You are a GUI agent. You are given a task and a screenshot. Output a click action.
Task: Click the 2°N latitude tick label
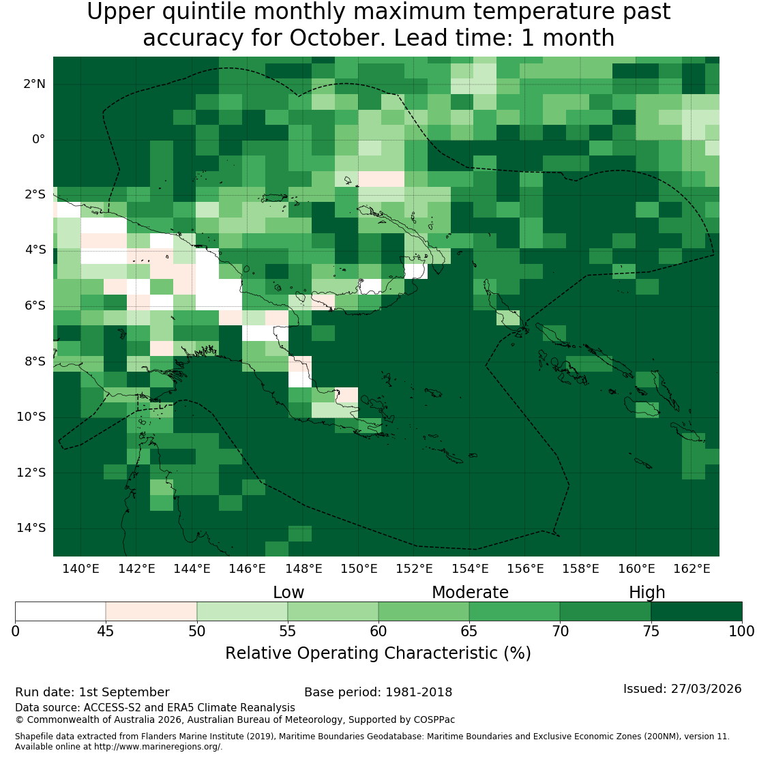point(34,84)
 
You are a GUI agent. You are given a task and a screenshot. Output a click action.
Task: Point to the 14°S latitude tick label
point(31,528)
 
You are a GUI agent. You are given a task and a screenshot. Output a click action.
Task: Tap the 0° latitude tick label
point(39,140)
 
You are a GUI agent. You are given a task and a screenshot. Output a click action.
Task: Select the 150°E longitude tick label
point(359,569)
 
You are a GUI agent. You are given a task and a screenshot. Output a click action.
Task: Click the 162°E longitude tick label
point(692,569)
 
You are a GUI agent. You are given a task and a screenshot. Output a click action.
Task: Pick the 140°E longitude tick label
point(80,569)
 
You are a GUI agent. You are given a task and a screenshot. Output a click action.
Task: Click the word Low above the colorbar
point(288,593)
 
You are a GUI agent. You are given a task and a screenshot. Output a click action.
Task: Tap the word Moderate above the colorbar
point(471,593)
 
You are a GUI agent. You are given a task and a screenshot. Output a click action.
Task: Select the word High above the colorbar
point(647,593)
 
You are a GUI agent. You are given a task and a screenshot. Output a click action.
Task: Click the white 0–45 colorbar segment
point(60,611)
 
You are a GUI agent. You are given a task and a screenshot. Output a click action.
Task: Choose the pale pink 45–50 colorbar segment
point(151,611)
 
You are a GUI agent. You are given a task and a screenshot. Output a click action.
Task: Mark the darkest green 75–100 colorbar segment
point(697,611)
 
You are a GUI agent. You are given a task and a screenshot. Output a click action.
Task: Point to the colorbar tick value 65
point(469,632)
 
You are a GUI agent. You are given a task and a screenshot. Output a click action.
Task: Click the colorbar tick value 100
point(741,632)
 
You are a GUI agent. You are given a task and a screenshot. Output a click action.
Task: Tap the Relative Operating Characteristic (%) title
point(378,653)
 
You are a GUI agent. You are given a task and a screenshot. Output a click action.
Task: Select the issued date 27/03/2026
point(706,688)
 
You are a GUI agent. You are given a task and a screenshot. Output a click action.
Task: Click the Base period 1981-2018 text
point(378,692)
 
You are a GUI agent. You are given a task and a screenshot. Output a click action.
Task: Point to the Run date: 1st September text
point(92,692)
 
